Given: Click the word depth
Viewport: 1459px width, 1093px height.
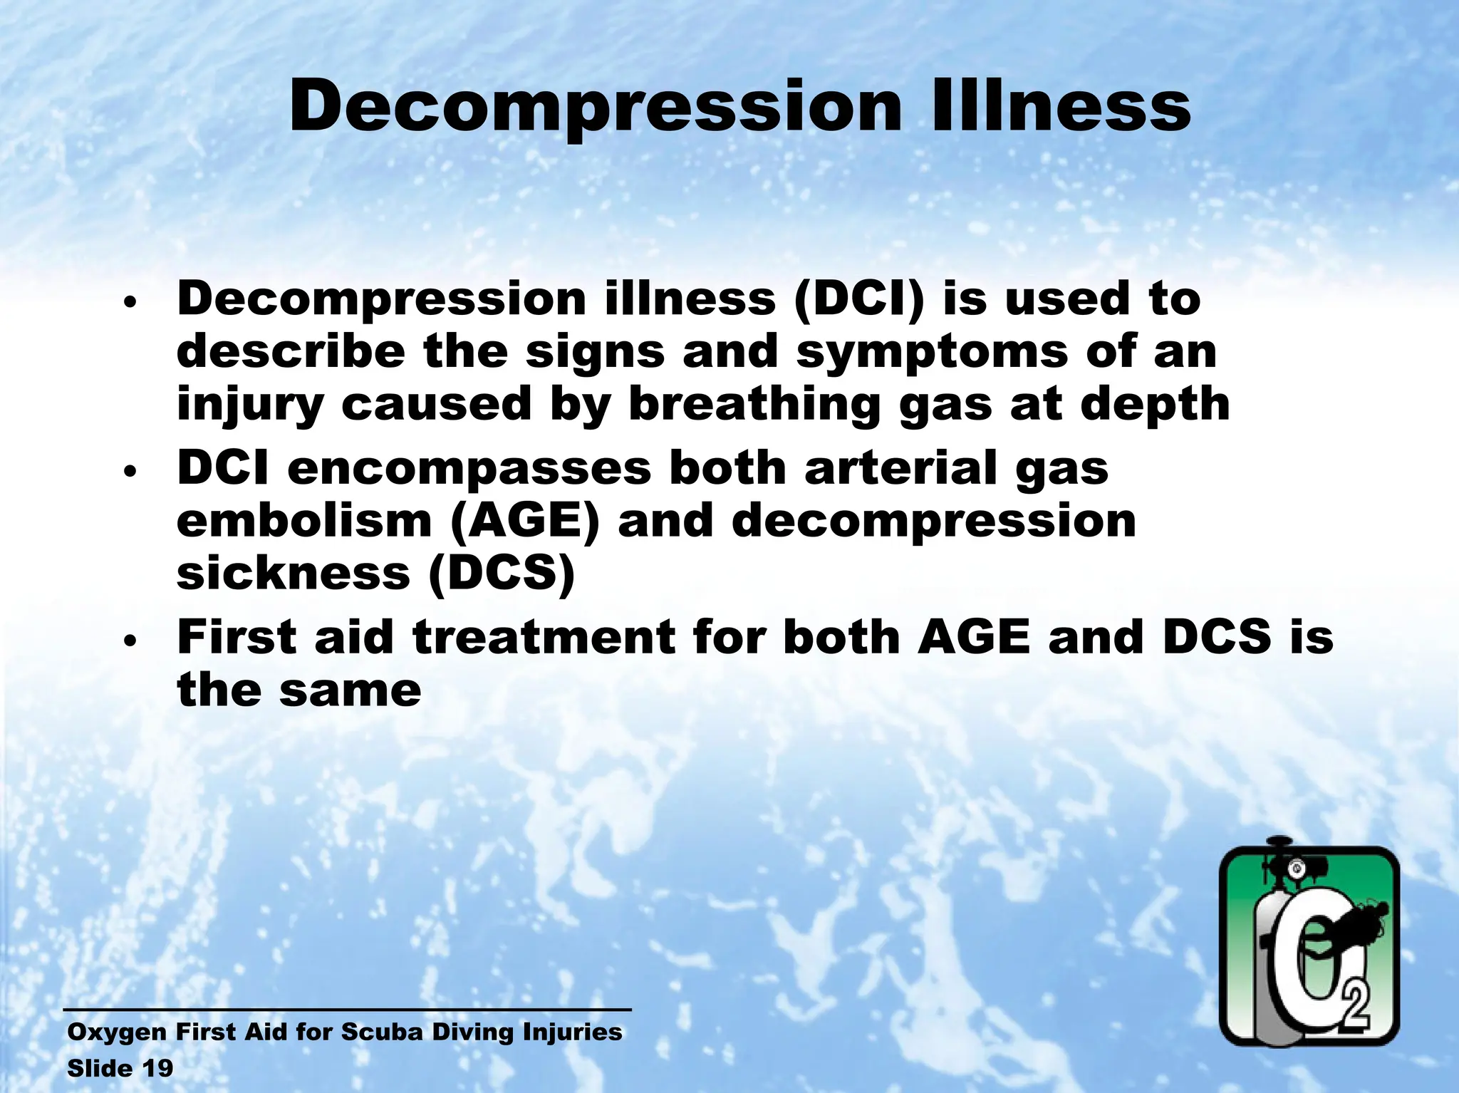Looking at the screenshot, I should tap(1155, 404).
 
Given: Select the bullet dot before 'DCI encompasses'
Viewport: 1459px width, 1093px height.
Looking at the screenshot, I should tap(129, 472).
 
